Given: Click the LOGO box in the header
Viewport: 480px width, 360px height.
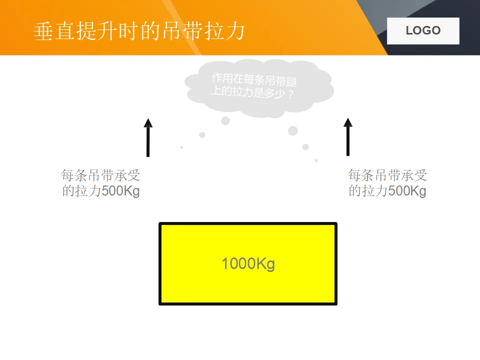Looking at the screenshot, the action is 423,30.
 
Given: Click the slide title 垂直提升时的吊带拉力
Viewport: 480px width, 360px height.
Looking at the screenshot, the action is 139,31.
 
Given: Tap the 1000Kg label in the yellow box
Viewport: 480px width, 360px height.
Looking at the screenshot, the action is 248,263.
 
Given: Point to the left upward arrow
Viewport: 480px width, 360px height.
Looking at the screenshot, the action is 148,138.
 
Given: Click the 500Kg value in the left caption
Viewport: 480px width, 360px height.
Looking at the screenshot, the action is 120,191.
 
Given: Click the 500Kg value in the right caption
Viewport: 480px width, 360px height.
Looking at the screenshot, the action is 407,191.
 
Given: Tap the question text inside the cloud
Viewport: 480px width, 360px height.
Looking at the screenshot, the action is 254,85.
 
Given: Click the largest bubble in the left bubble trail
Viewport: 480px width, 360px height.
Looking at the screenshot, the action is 225,120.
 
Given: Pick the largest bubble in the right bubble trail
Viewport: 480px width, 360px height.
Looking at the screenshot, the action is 293,131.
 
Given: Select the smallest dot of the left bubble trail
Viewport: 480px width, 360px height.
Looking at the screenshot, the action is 181,147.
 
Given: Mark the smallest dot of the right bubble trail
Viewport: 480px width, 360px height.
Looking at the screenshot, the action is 316,160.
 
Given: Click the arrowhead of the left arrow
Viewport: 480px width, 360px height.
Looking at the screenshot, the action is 148,123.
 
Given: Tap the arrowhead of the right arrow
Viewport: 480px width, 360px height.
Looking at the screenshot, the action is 348,121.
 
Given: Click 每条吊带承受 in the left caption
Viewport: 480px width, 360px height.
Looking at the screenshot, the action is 100,175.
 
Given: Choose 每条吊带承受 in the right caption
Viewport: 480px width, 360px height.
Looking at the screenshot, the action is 387,175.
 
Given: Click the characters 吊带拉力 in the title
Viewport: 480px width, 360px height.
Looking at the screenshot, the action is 203,31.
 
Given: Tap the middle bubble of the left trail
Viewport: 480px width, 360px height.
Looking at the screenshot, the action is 202,135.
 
